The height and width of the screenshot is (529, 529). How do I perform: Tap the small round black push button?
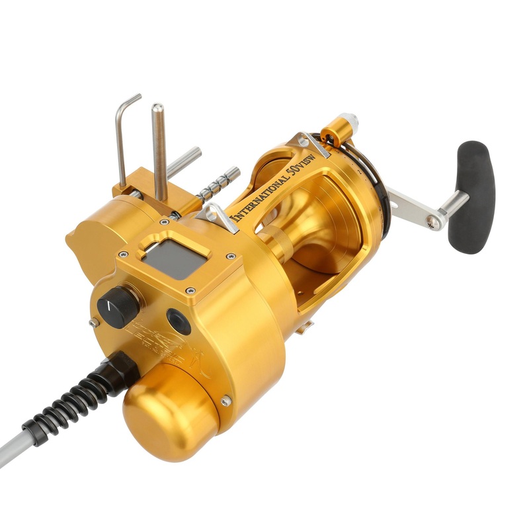point(178,321)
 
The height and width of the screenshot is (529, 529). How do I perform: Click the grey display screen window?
point(174,257)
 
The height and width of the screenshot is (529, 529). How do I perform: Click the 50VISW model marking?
point(298,165)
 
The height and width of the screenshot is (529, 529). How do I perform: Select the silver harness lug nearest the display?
point(218,217)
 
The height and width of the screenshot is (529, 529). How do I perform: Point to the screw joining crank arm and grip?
point(434,223)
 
